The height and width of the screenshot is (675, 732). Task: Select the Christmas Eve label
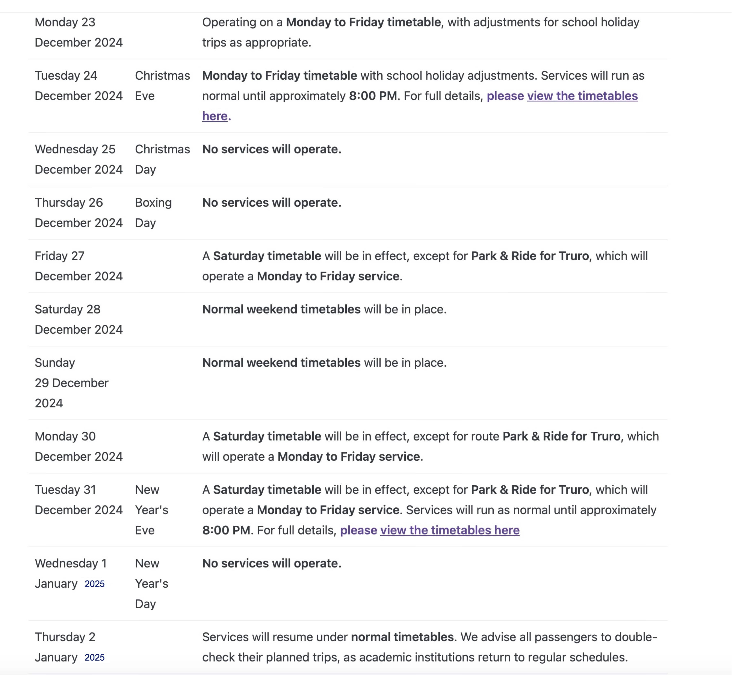point(162,86)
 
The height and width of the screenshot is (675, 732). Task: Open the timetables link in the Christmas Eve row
point(582,96)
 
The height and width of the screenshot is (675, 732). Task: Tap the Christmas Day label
point(162,159)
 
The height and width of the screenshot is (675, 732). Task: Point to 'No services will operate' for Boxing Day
point(272,203)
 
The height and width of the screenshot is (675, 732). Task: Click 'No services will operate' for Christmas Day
point(272,149)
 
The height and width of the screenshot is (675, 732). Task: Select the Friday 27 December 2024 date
point(78,266)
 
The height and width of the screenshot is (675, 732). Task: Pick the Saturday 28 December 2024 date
point(78,319)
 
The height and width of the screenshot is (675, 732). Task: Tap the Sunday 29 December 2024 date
point(72,383)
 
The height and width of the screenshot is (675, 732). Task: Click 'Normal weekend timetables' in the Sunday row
point(281,363)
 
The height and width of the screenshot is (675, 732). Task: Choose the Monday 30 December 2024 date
point(78,446)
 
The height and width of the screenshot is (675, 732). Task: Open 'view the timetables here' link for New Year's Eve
point(449,530)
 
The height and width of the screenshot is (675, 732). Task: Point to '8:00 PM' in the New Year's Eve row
point(226,530)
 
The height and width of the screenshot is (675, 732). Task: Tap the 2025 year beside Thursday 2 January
point(94,658)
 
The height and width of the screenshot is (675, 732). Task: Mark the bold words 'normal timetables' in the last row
point(402,637)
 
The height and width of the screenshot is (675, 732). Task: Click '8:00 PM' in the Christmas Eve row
point(373,96)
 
